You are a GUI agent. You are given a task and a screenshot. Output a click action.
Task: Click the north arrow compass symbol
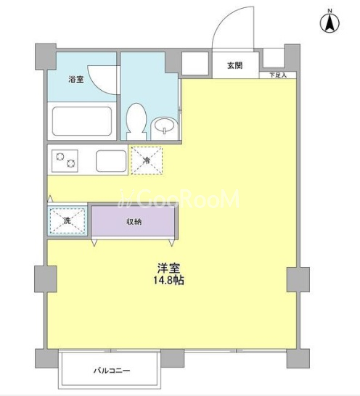[x=330, y=23]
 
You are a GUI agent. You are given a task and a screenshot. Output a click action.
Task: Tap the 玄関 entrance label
[x=235, y=65]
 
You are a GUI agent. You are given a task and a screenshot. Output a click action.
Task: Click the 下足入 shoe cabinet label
[x=278, y=75]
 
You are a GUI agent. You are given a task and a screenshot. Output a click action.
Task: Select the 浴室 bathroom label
[x=76, y=79]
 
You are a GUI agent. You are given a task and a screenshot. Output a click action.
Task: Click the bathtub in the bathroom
[x=82, y=121]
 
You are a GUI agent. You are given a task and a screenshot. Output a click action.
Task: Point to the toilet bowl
[x=136, y=121]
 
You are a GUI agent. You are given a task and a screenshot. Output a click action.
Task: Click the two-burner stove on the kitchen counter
[x=65, y=160]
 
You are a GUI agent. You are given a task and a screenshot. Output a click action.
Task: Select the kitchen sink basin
[x=111, y=161]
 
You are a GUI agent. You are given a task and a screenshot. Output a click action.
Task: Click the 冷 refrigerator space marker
[x=147, y=160]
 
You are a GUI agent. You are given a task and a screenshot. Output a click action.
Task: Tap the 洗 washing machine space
[x=67, y=220]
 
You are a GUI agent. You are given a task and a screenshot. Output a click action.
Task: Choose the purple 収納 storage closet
[x=133, y=221]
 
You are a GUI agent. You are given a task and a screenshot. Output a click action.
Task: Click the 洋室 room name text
[x=168, y=268]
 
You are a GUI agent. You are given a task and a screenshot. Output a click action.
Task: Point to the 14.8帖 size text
[x=169, y=281]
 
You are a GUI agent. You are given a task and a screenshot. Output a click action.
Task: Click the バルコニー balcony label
[x=112, y=371]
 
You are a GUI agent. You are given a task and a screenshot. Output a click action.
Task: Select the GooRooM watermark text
[x=179, y=199]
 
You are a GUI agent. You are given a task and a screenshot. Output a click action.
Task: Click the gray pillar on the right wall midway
[x=298, y=279]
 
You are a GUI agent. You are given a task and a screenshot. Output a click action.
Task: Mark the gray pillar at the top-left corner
[x=45, y=57]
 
